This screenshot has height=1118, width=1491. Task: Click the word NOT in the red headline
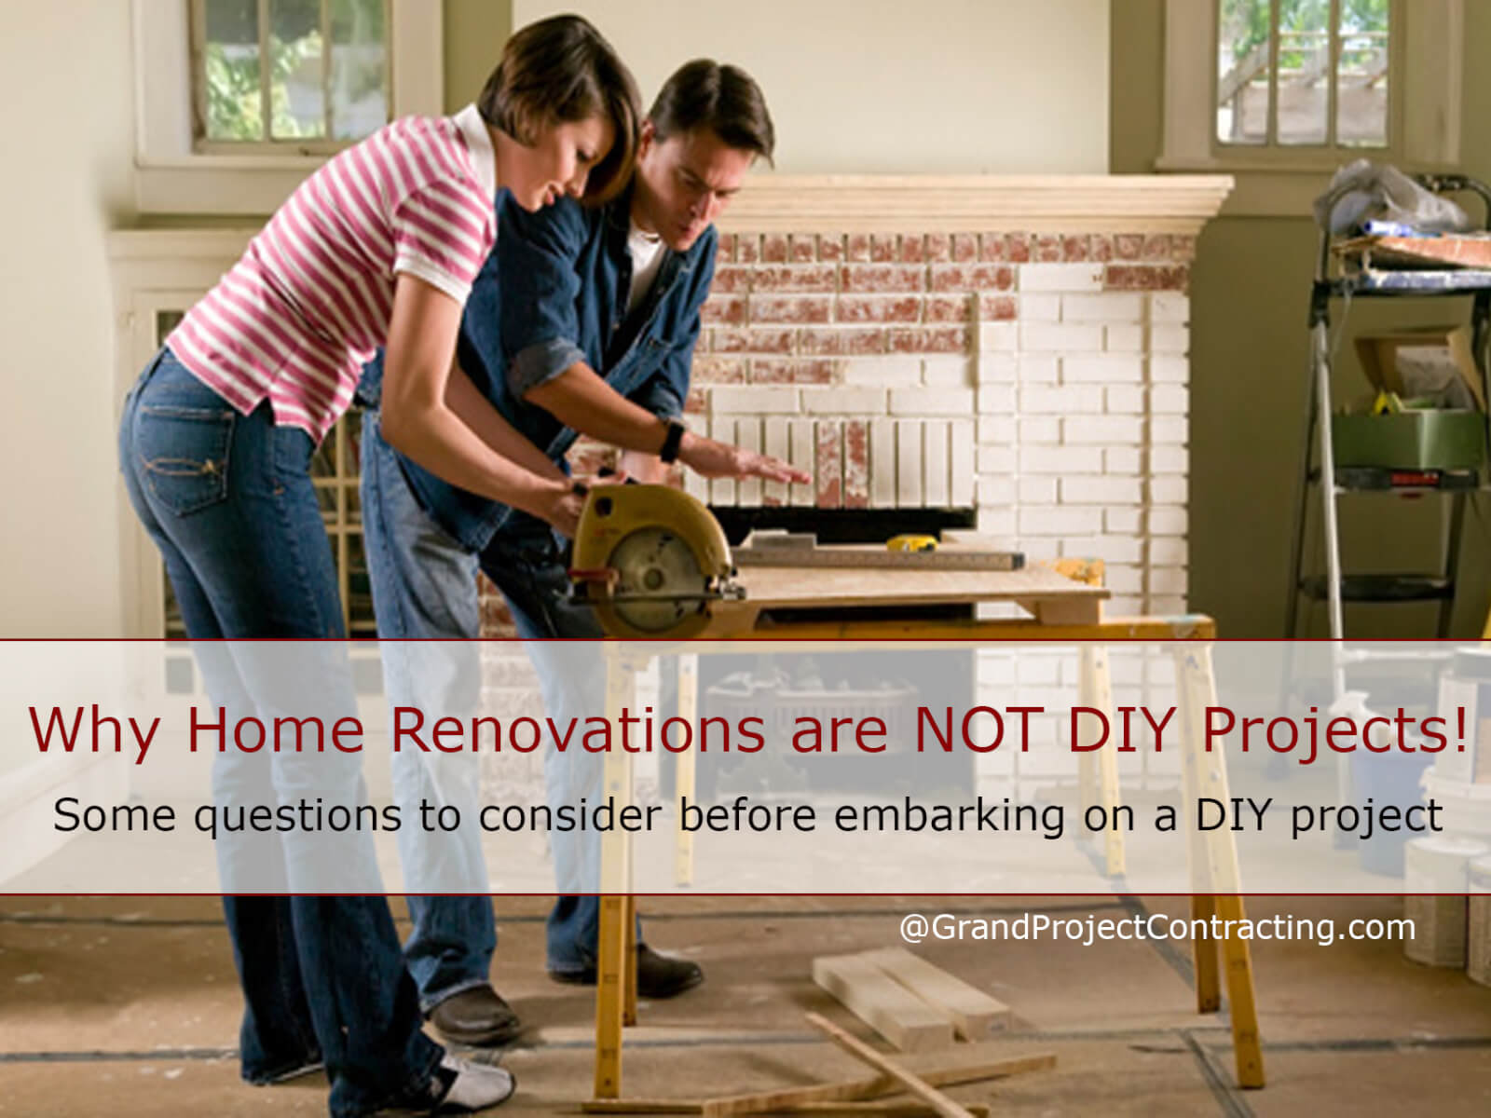[982, 729]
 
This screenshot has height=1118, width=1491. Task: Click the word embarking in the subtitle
[949, 815]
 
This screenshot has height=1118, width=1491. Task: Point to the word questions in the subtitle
[299, 817]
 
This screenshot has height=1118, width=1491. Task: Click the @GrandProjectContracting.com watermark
[1156, 928]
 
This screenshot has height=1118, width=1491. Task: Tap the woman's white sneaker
[475, 1080]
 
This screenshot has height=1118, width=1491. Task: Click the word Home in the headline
[275, 729]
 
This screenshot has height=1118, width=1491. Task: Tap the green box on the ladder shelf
[1407, 438]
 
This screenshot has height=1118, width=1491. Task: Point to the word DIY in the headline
[1118, 729]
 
